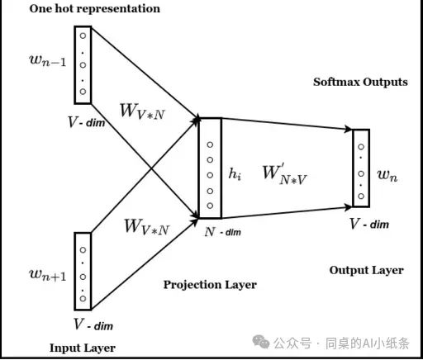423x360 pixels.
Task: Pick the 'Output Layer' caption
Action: (x=366, y=270)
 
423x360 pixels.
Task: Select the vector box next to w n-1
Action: (x=81, y=61)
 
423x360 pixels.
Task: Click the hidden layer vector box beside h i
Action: (x=210, y=169)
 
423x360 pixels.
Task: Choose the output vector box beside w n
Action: (x=360, y=168)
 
